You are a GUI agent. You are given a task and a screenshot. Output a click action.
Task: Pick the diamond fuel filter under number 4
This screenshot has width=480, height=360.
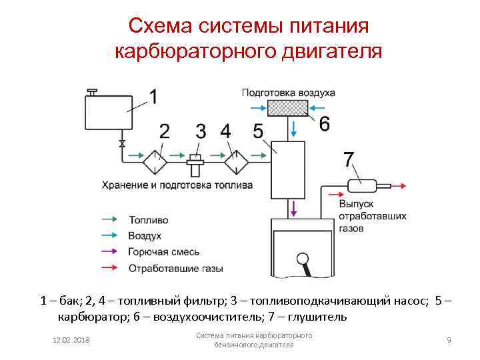point(235,160)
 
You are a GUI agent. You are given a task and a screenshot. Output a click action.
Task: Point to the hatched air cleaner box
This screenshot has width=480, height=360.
point(287,107)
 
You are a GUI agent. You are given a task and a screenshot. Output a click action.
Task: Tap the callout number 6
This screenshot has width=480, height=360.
point(324,124)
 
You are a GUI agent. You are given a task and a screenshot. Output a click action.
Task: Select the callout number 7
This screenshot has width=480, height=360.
point(348,159)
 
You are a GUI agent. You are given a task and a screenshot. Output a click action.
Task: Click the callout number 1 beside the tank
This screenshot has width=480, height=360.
point(153,97)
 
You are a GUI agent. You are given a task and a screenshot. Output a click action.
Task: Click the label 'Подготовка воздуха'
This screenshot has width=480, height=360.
point(288,93)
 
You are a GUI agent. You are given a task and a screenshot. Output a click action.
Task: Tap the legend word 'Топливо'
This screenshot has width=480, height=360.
point(149,219)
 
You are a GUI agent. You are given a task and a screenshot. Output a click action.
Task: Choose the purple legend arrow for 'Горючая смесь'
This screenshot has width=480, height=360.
point(110,252)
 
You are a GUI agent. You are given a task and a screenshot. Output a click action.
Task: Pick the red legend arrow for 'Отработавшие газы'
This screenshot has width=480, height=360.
point(110,268)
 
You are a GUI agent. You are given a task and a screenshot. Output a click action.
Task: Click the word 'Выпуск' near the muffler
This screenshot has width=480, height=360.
point(356,203)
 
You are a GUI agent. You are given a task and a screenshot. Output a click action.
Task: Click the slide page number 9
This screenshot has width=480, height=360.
point(449,341)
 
